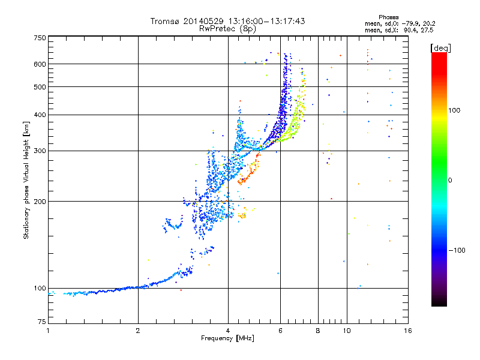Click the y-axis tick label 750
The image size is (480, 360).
coord(40,37)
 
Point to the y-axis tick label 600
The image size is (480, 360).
coord(40,64)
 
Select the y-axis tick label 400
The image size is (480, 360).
coord(40,115)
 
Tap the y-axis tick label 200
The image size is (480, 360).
coord(40,201)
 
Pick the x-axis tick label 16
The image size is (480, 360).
coord(407,331)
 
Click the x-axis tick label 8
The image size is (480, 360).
coord(318,331)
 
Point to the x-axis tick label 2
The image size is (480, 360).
coord(138,331)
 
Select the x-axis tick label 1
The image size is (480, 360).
coord(48,331)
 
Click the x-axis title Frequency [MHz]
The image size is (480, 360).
coord(227,338)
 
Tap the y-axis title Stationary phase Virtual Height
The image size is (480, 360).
coord(26,180)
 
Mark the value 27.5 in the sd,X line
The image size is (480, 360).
coord(428,29)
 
